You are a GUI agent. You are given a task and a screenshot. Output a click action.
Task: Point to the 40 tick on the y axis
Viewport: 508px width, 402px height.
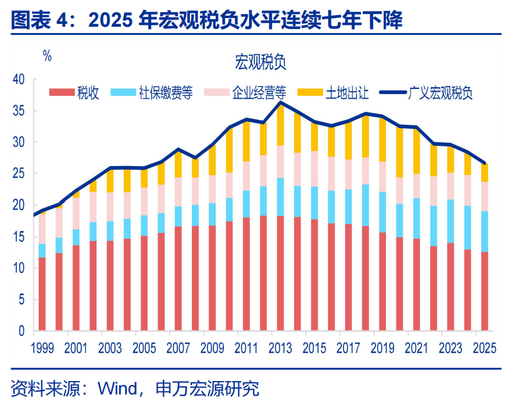[19, 79]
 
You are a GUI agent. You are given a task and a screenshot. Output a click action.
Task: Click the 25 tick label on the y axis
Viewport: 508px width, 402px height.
[19, 173]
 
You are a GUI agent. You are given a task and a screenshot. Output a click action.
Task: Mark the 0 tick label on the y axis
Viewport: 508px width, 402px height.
[22, 331]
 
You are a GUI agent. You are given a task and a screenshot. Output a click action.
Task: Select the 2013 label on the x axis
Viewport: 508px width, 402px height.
[281, 348]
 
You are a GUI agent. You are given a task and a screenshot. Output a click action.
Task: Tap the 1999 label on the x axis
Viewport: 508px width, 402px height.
[42, 348]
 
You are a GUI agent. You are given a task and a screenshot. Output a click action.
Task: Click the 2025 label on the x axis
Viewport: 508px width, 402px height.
[484, 348]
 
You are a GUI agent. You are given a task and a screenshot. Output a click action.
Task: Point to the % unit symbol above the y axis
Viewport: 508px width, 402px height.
[47, 56]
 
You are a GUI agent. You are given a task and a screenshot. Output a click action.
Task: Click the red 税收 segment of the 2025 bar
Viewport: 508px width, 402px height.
[484, 290]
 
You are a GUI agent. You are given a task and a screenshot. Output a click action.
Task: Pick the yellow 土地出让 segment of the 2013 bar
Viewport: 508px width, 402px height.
[280, 124]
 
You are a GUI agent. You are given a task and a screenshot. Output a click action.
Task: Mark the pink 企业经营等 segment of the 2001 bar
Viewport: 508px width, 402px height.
[76, 213]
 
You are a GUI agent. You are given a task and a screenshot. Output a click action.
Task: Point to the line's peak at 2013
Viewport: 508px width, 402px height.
[281, 103]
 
